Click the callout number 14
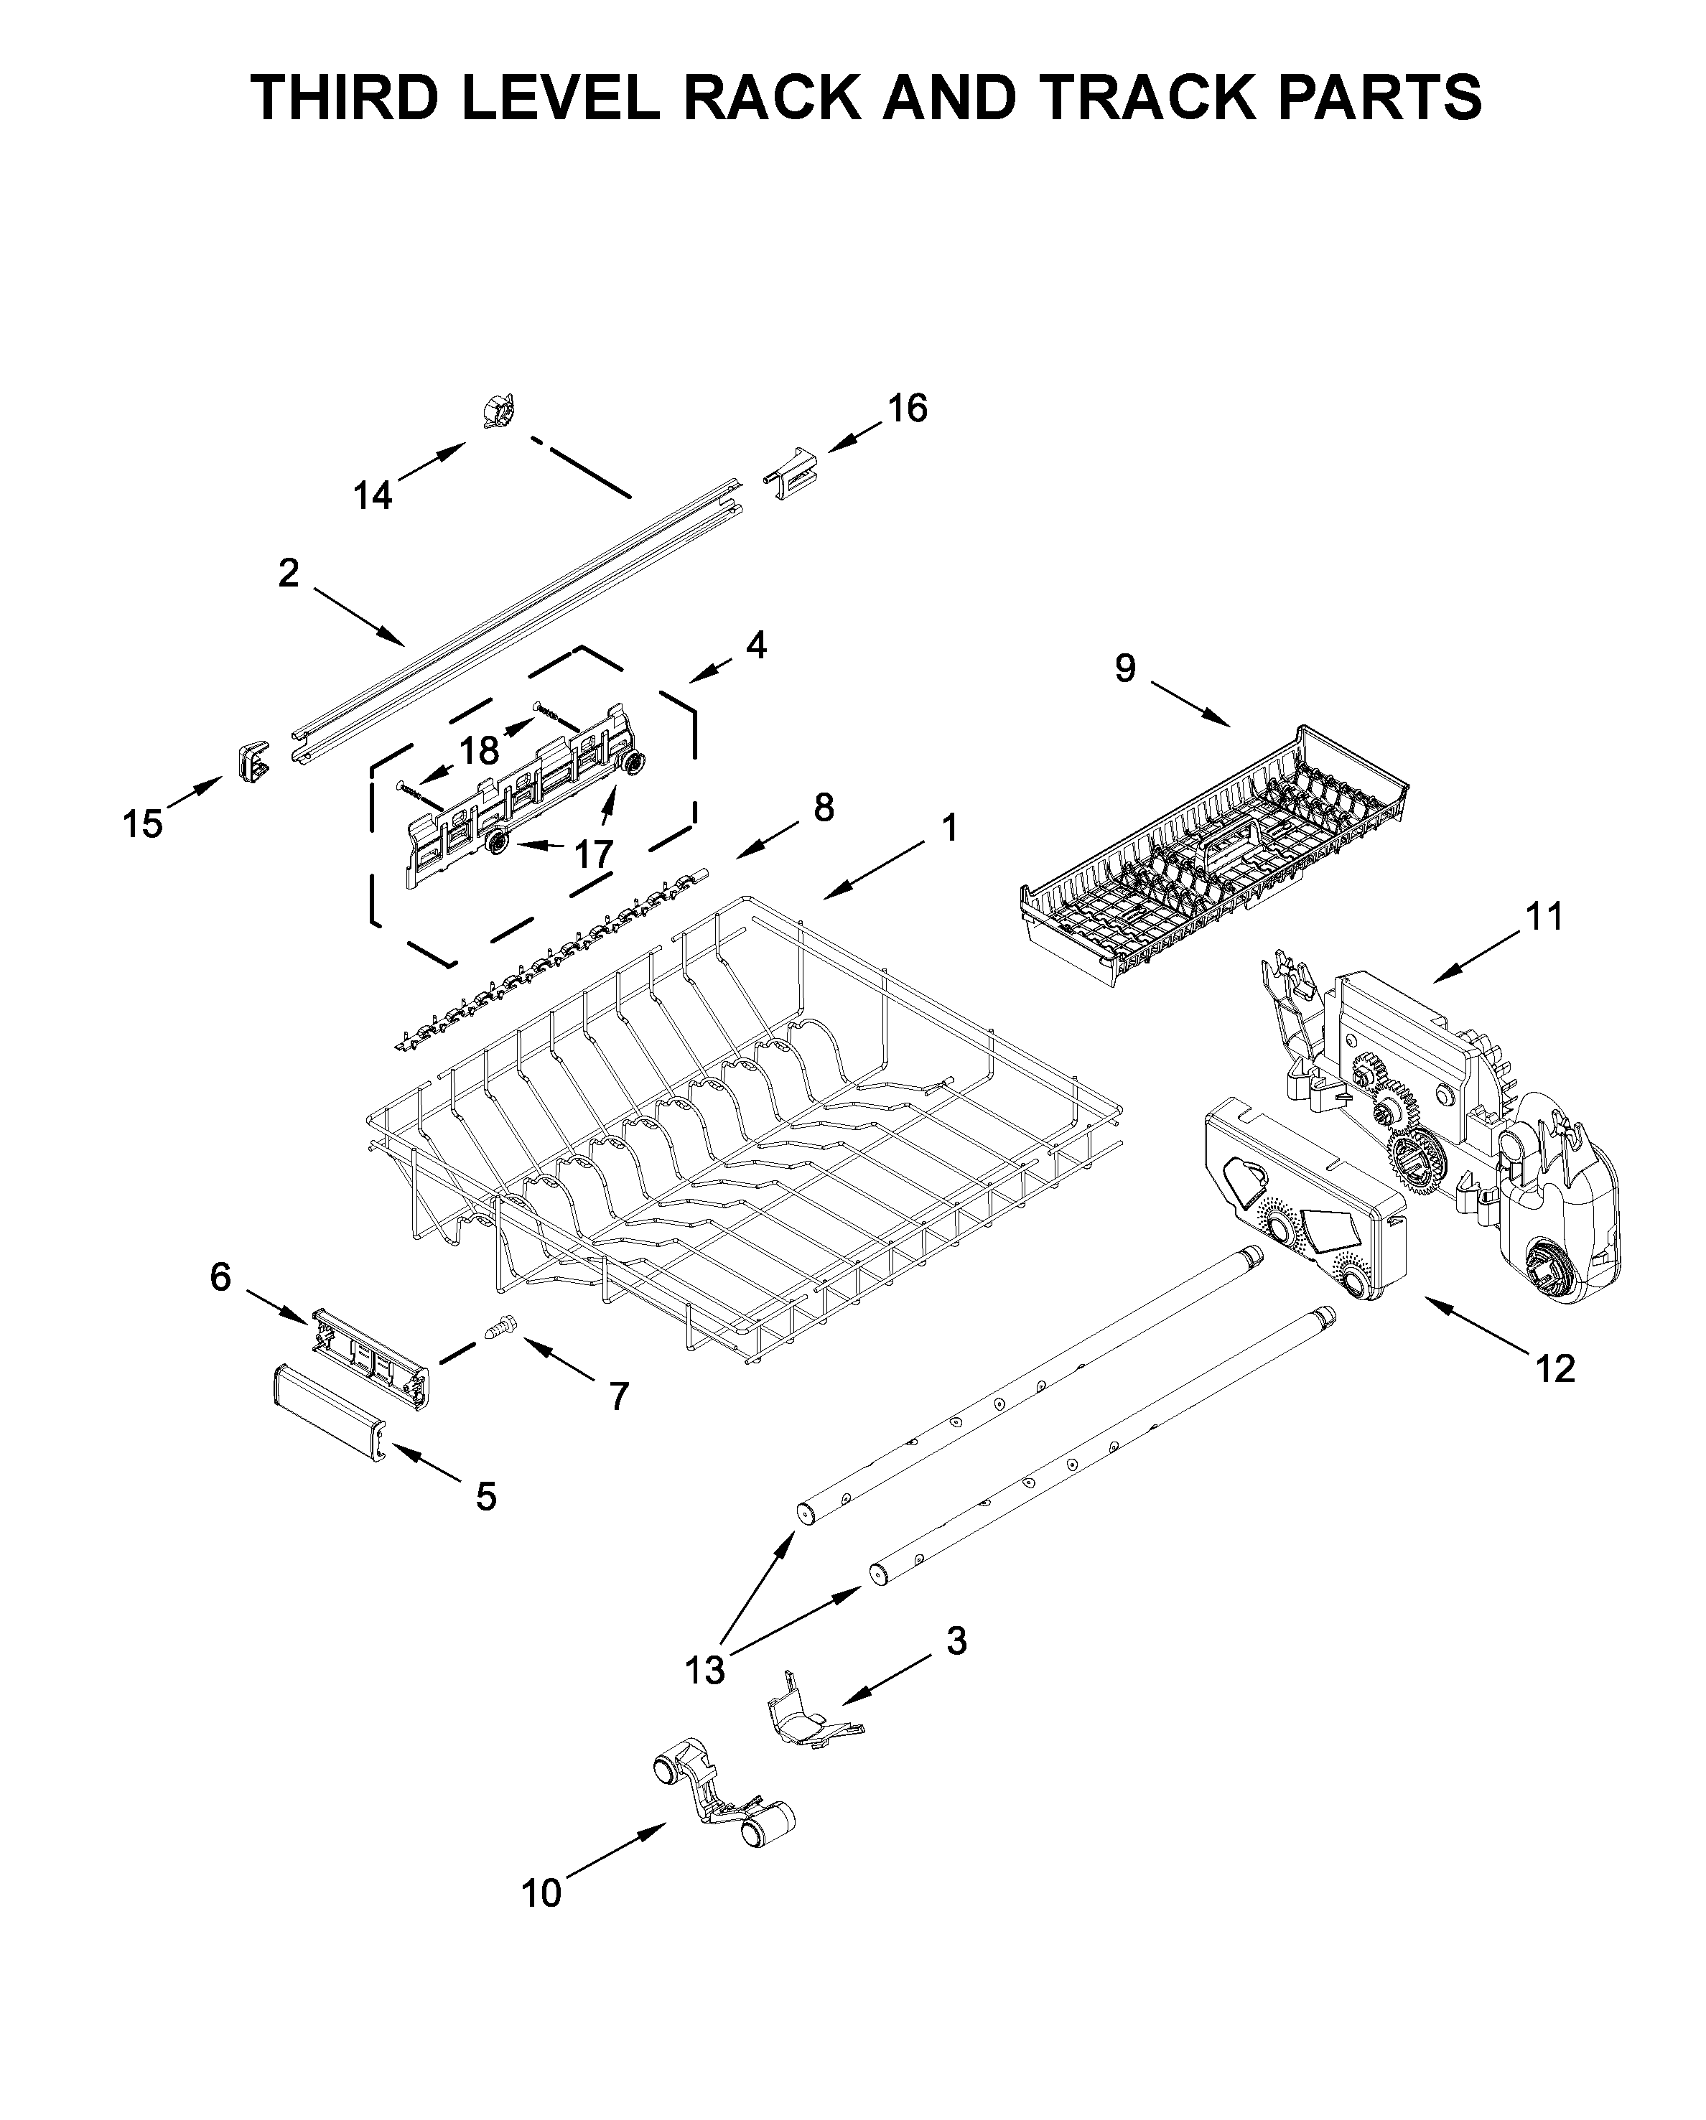(373, 495)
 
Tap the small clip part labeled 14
(500, 411)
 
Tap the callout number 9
(1125, 668)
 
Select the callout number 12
(1554, 1368)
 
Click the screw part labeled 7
(500, 1330)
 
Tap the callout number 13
(705, 1670)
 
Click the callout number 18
(480, 751)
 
